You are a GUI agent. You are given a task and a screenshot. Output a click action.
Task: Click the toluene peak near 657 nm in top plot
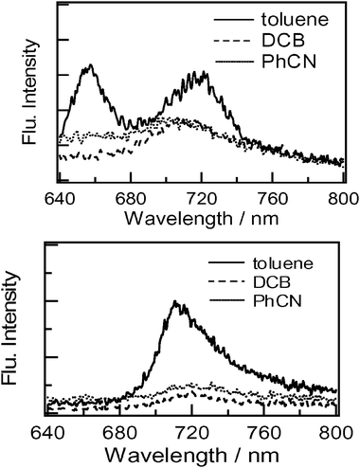coord(90,66)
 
